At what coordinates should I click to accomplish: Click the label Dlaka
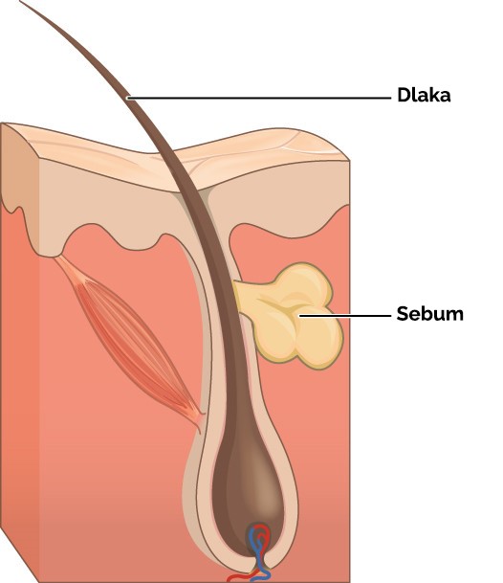(424, 95)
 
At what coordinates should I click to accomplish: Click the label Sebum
(429, 314)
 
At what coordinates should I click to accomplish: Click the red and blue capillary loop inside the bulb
(259, 541)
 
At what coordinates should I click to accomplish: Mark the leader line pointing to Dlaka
(259, 99)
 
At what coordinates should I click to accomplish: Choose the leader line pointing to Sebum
(345, 316)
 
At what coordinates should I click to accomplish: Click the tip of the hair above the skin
(21, 2)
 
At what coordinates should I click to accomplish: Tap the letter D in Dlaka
(403, 95)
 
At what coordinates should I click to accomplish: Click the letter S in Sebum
(403, 314)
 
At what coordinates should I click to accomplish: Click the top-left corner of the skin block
(2, 123)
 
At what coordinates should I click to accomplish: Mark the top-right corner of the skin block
(349, 161)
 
